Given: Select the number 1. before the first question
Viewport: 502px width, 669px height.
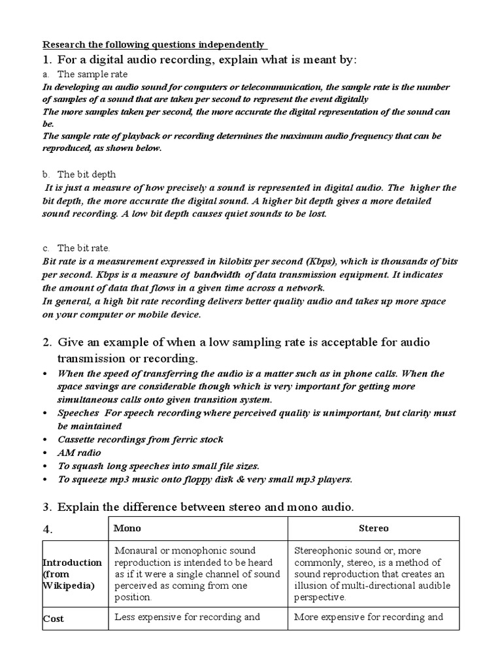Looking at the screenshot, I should tap(48, 60).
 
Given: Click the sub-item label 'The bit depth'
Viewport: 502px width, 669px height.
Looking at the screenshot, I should tap(87, 175).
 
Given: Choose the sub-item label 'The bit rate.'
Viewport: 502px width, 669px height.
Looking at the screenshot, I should tap(85, 248).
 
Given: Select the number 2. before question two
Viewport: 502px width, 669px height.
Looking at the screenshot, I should tap(48, 342).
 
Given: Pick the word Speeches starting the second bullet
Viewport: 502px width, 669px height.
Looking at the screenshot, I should tap(78, 414).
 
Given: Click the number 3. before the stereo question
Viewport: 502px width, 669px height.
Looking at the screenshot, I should tap(48, 506).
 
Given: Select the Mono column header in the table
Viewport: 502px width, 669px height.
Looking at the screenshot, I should tap(127, 528).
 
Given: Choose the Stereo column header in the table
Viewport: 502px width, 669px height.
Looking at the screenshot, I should tap(374, 528).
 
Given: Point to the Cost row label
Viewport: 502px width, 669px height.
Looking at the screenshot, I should tap(54, 618).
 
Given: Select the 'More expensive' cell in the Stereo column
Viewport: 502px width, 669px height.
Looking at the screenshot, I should tap(369, 617).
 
